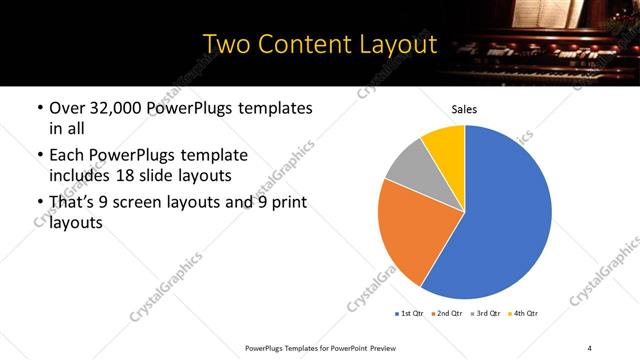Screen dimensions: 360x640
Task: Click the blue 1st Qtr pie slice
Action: [x=505, y=215]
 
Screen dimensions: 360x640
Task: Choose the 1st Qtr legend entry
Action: [x=410, y=314]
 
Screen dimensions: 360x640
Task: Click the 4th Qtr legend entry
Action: [x=525, y=314]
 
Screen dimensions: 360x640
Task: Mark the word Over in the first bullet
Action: [x=67, y=108]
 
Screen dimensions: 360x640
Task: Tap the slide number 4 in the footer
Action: [x=589, y=347]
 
